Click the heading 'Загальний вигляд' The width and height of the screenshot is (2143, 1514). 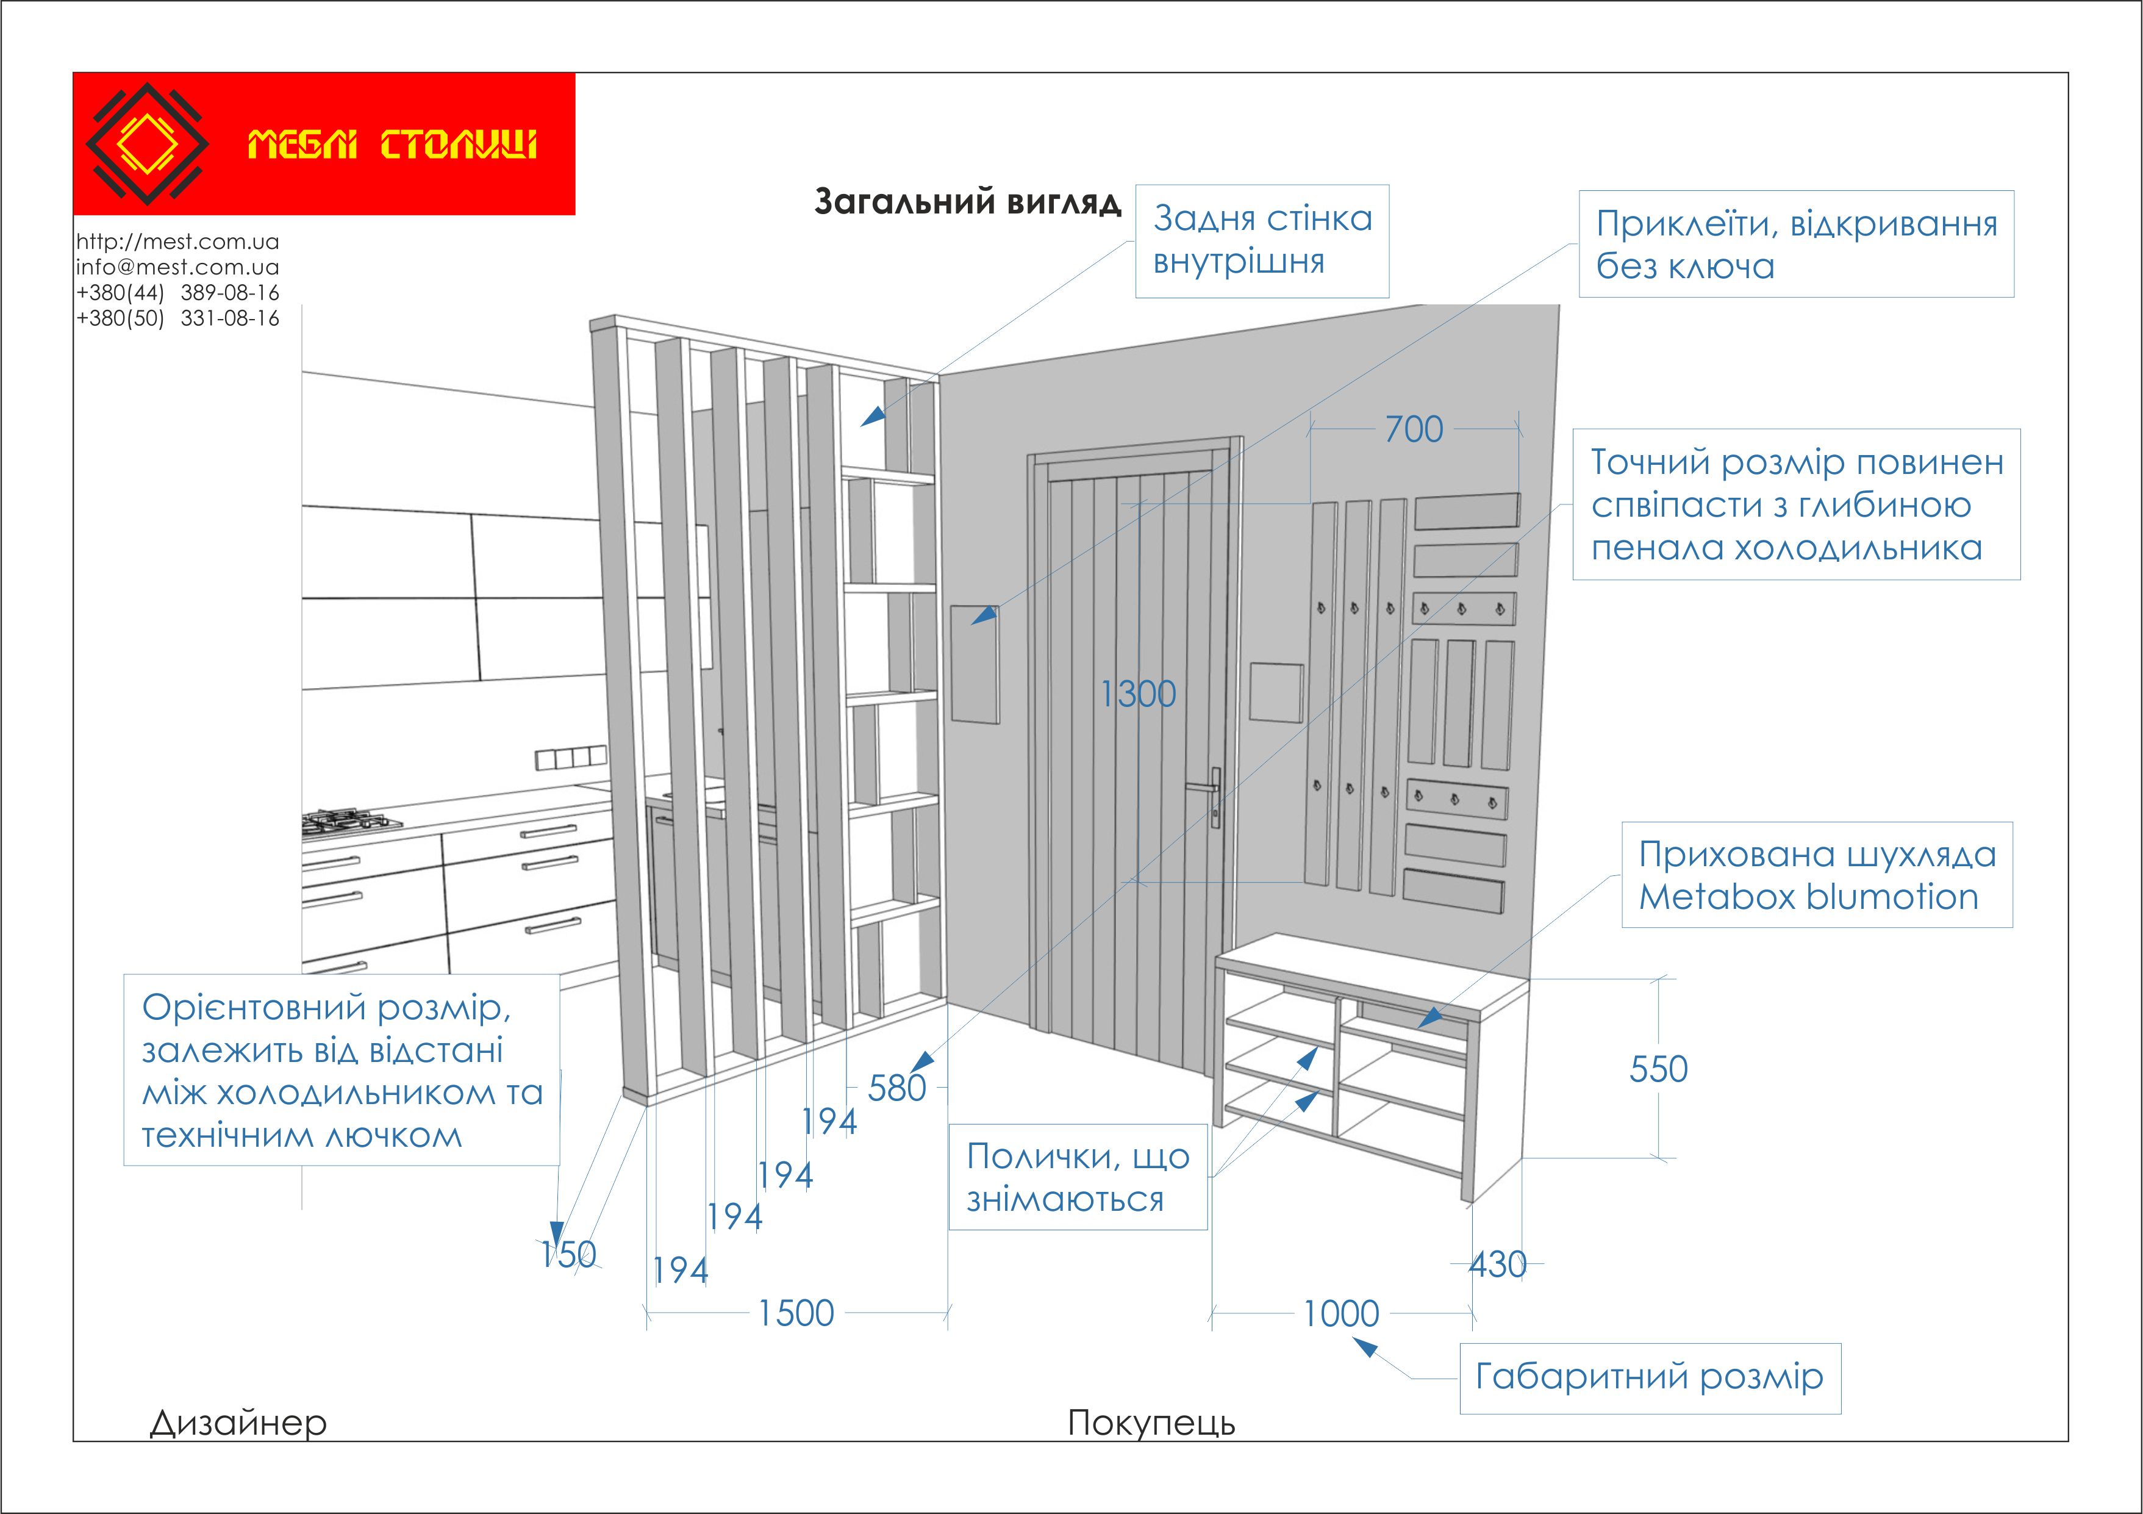(967, 202)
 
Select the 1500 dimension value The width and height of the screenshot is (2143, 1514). (795, 1313)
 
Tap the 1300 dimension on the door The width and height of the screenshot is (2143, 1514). (1138, 694)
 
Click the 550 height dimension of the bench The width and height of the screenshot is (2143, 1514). (1658, 1069)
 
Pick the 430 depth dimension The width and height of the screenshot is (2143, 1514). (1497, 1265)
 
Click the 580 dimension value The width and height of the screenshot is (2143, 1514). (896, 1088)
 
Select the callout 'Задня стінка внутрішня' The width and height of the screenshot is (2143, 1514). (1262, 241)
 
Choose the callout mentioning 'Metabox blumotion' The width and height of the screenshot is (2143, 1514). (1816, 875)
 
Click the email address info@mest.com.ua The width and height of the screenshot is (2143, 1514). (177, 267)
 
